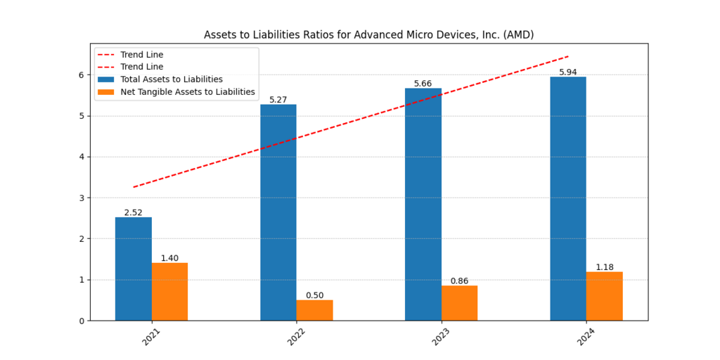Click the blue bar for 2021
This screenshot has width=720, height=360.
(134, 269)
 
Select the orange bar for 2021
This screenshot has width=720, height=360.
(169, 292)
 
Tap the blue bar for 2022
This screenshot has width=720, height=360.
(278, 212)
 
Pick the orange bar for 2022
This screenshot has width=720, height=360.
(314, 310)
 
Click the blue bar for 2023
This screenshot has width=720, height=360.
(423, 205)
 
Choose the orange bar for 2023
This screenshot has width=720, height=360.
(459, 303)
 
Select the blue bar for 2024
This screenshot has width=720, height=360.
(568, 198)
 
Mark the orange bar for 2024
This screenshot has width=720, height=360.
(604, 296)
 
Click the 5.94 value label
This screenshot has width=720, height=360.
(568, 72)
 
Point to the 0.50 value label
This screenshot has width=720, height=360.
(314, 295)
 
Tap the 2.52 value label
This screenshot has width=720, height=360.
(134, 212)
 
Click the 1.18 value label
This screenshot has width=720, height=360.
(604, 267)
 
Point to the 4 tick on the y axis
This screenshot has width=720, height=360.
(82, 157)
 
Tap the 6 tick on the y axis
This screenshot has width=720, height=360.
(82, 75)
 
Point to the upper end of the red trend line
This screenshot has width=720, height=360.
(568, 56)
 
